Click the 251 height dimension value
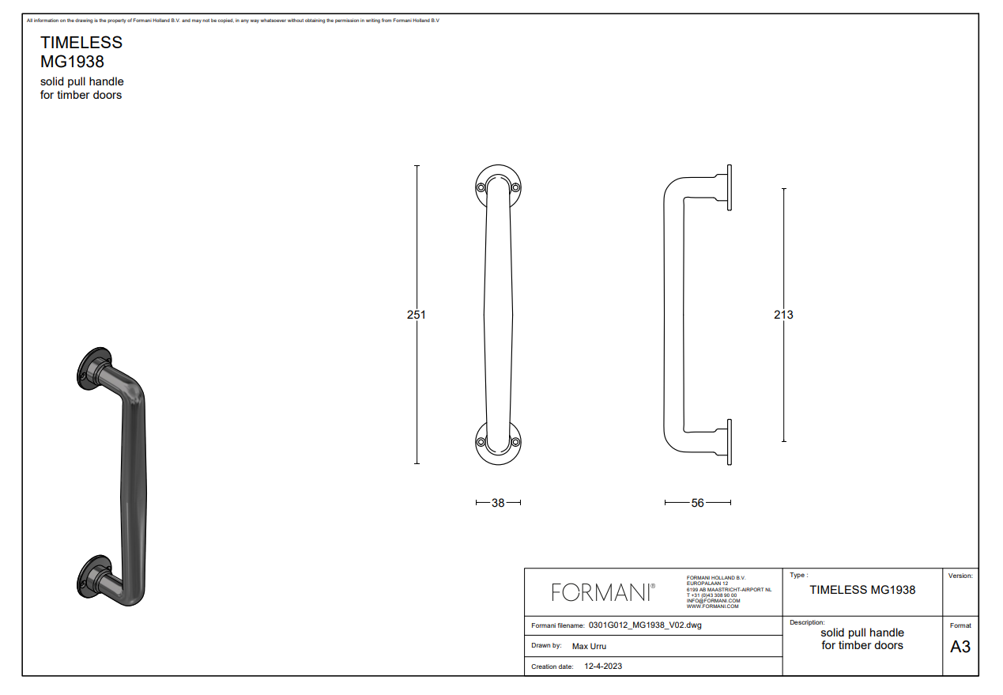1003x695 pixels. pyautogui.click(x=417, y=315)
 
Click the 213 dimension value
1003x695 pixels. pyautogui.click(x=783, y=315)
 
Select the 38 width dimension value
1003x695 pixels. pyautogui.click(x=498, y=503)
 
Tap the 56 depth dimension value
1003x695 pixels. pyautogui.click(x=697, y=503)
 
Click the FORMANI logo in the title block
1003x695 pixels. pyautogui.click(x=603, y=592)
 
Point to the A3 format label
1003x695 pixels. pyautogui.click(x=960, y=647)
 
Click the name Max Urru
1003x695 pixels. pyautogui.click(x=589, y=646)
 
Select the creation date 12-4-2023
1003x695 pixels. pyautogui.click(x=603, y=667)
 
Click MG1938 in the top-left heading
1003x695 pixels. pyautogui.click(x=72, y=61)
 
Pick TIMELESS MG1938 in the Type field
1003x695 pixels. pyautogui.click(x=862, y=590)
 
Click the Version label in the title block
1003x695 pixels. pyautogui.click(x=960, y=576)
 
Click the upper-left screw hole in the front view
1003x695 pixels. pyautogui.click(x=481, y=187)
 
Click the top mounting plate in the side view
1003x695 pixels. pyautogui.click(x=729, y=188)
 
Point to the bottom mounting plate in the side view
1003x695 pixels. pyautogui.click(x=729, y=441)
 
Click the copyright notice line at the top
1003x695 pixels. pyautogui.click(x=232, y=21)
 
